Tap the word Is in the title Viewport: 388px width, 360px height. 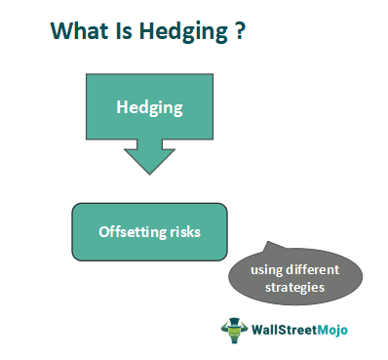pyautogui.click(x=121, y=31)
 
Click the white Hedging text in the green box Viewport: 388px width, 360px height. pyautogui.click(x=149, y=106)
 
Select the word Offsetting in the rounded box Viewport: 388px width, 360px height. pyautogui.click(x=133, y=231)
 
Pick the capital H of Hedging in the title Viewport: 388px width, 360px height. pyautogui.click(x=145, y=31)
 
